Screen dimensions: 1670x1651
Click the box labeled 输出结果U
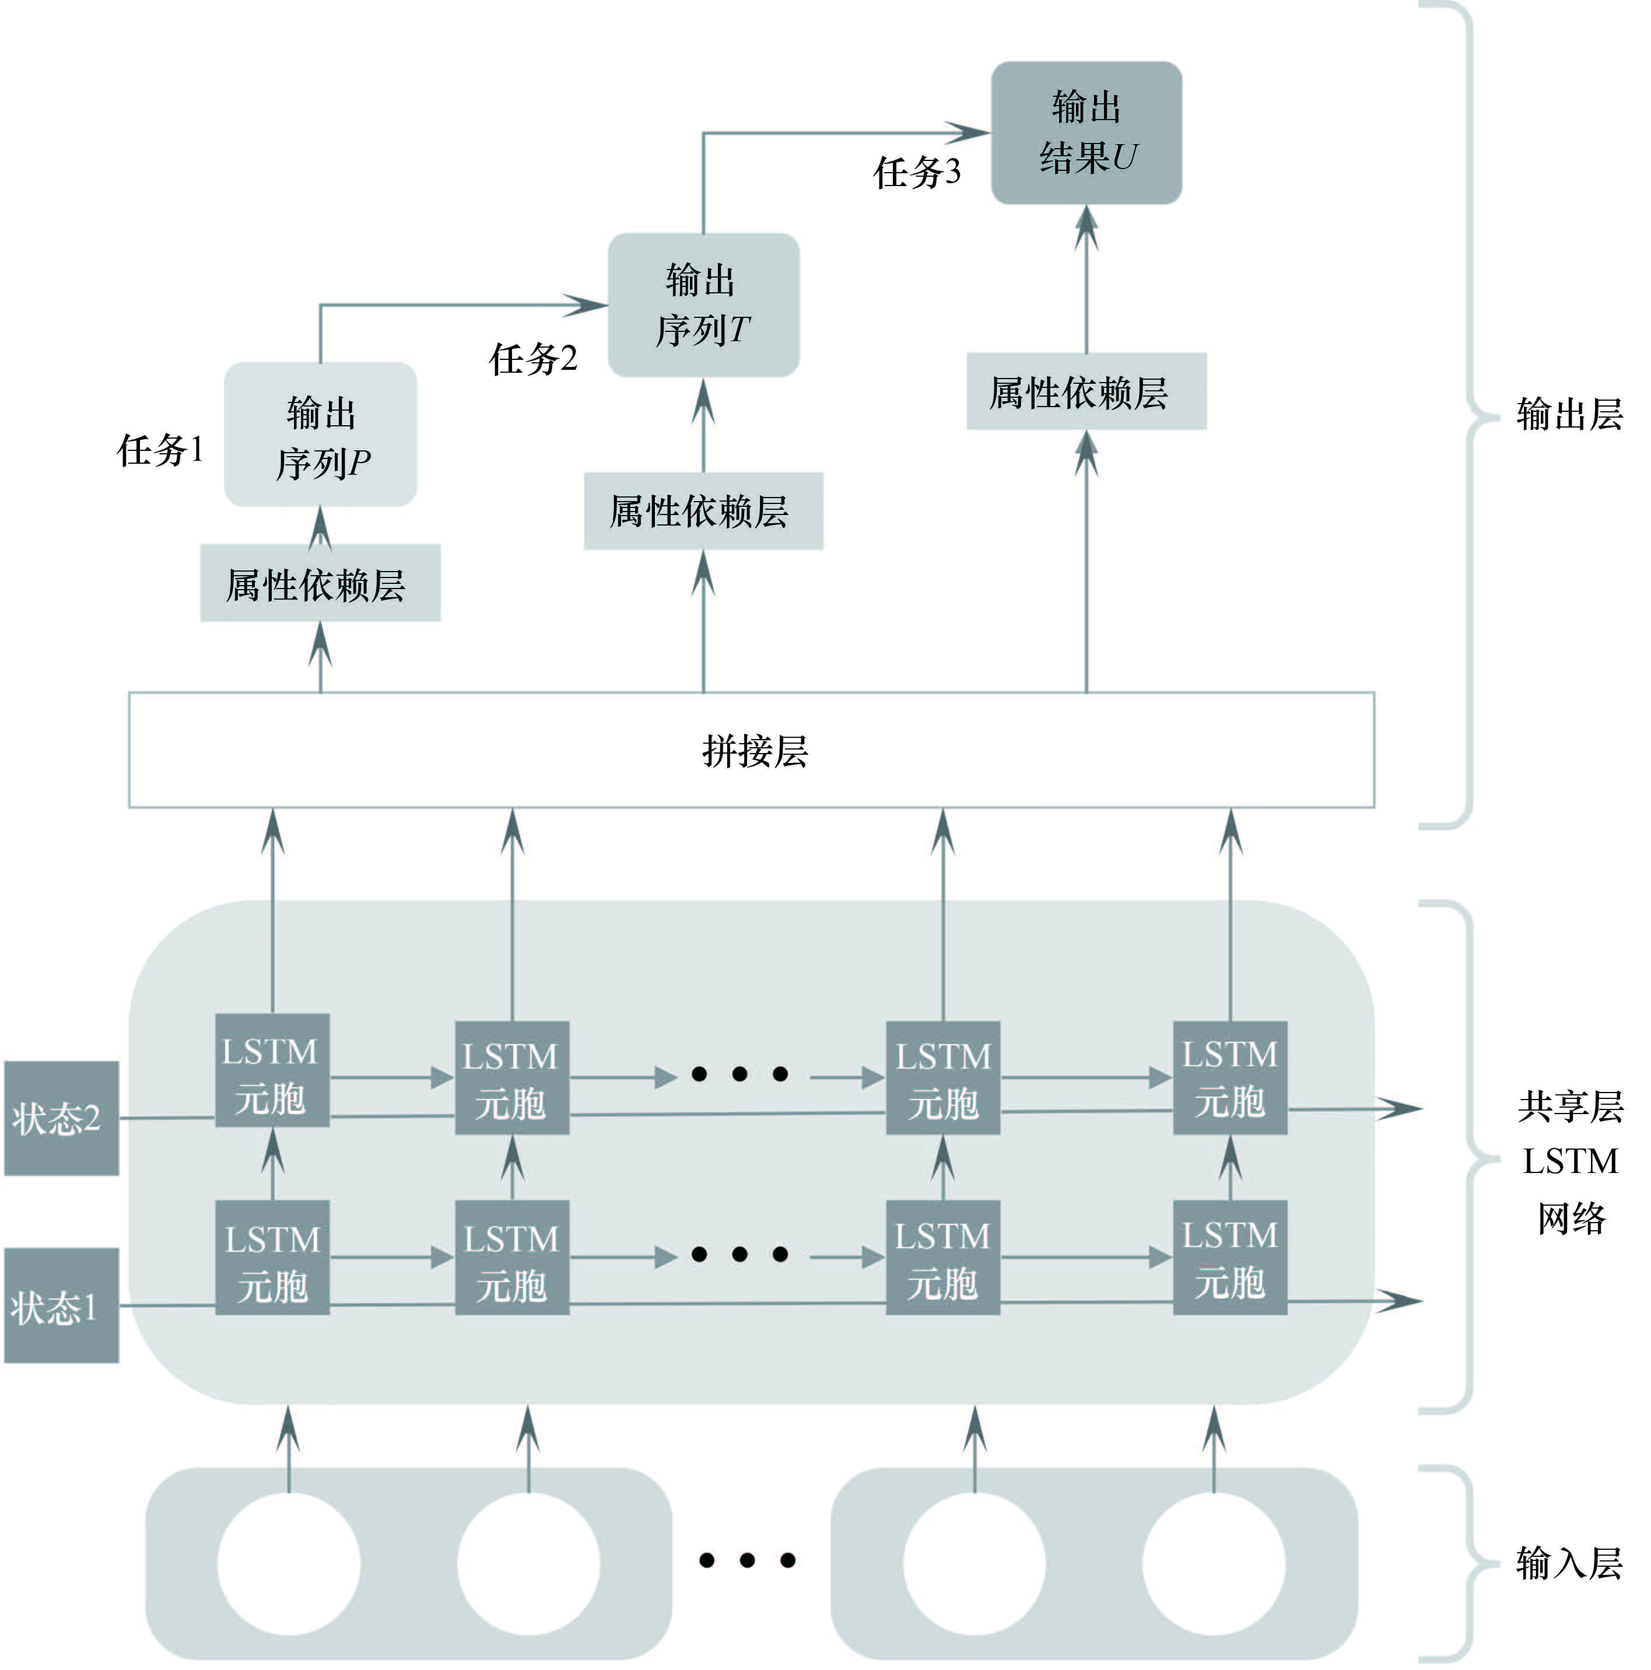(1086, 133)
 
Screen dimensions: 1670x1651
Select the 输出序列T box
(703, 305)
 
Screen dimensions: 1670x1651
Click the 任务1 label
(161, 450)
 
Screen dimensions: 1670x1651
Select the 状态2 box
(61, 1119)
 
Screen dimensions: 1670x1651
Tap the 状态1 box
(61, 1306)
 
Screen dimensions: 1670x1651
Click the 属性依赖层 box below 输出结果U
(1086, 391)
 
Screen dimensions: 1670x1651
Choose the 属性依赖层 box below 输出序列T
(703, 511)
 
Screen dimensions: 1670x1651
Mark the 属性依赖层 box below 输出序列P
(320, 583)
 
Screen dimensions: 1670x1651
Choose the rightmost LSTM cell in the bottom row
(1230, 1258)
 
